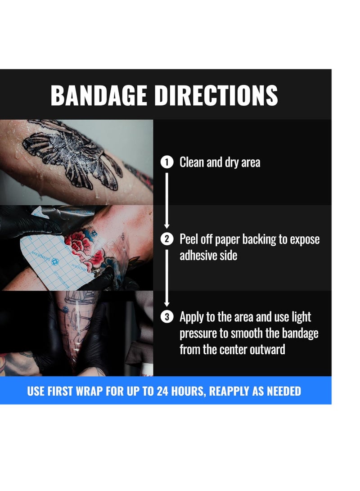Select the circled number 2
(x=166, y=239)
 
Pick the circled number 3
(x=166, y=317)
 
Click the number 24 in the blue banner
(x=164, y=391)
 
